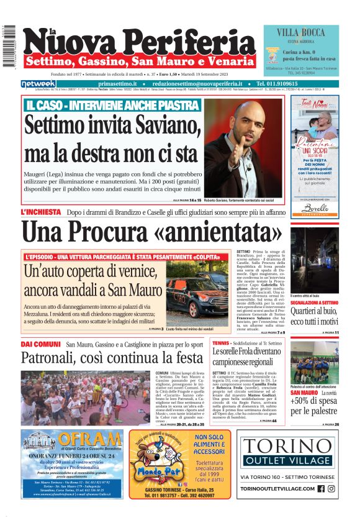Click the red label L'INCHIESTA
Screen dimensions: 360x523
pyautogui.click(x=40, y=212)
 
